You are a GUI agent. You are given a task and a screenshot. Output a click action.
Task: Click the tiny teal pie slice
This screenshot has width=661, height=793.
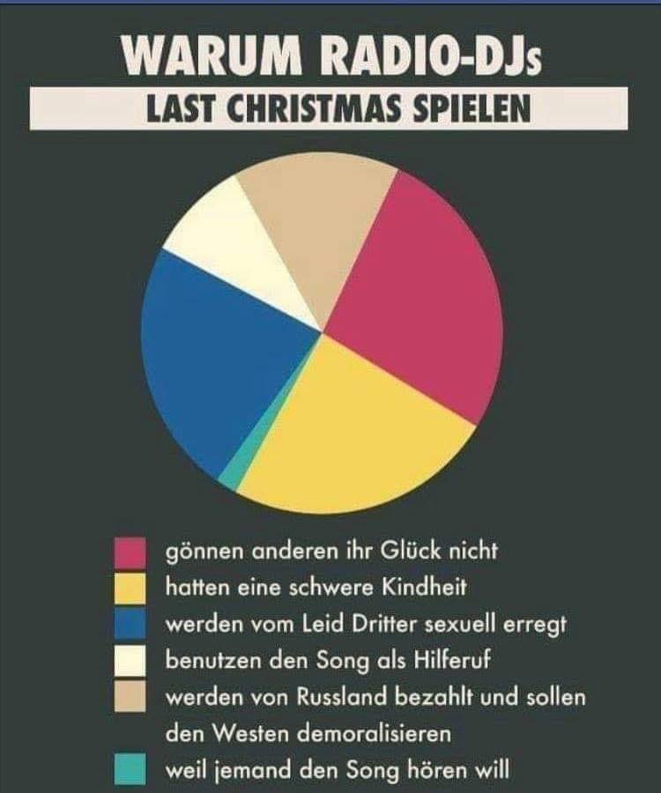click(231, 474)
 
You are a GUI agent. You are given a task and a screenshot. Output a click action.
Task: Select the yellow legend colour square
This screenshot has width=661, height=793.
click(130, 588)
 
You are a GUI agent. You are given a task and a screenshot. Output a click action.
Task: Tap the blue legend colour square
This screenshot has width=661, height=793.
click(130, 624)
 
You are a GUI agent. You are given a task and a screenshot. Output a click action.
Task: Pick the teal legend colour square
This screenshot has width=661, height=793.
click(130, 769)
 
